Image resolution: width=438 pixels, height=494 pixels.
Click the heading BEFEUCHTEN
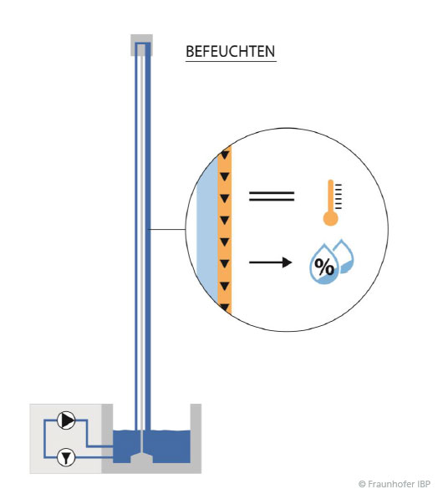231,51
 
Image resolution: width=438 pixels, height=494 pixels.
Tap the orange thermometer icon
332,202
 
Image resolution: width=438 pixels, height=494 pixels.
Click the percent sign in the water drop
324,267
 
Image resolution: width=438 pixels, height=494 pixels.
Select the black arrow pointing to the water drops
270,262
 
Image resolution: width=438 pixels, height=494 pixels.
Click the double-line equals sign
272,196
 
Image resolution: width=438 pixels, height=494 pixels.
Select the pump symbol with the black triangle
66,420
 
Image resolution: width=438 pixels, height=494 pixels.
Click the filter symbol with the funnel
66,457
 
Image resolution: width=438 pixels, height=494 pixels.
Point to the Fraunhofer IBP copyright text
395,484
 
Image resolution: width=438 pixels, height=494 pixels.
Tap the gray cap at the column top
142,45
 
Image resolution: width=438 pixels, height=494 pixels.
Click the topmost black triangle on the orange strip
224,155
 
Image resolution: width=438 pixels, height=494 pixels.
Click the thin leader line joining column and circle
168,229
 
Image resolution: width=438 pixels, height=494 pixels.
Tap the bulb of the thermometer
330,218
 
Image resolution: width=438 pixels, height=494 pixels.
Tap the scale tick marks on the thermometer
338,196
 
